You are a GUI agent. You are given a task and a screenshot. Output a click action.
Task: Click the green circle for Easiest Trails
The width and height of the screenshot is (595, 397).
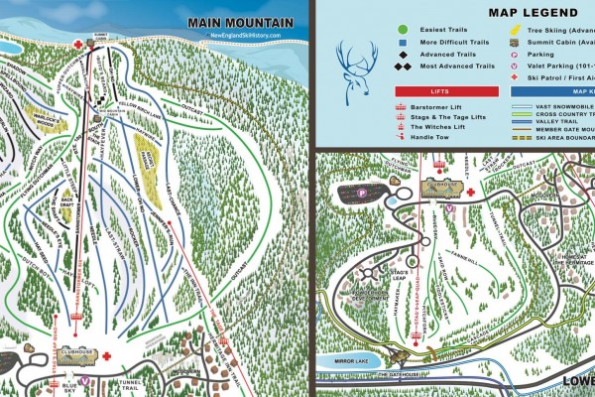click(404, 32)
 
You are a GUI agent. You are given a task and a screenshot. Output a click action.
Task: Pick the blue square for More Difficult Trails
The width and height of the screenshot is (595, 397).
click(404, 46)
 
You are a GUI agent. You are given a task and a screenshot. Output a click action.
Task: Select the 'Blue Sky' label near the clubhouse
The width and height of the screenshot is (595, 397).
click(68, 387)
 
